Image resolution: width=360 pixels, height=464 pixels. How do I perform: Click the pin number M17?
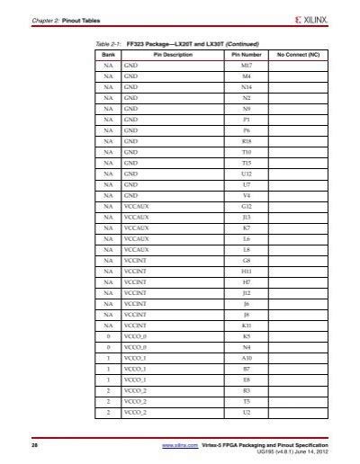pyautogui.click(x=247, y=65)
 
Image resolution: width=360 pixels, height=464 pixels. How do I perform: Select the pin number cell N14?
pyautogui.click(x=247, y=86)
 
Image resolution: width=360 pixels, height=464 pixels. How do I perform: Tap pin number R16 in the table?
pyautogui.click(x=247, y=141)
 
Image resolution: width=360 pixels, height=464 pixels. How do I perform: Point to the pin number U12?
pyautogui.click(x=247, y=174)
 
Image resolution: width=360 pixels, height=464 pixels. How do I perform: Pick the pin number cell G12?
pyautogui.click(x=247, y=206)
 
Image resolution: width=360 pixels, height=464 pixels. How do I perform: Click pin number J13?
pyautogui.click(x=247, y=217)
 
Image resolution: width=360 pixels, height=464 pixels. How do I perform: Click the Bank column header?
pyautogui.click(x=108, y=54)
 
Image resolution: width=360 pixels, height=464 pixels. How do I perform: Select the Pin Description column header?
pyautogui.click(x=167, y=54)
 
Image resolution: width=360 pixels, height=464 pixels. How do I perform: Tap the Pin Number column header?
pyautogui.click(x=247, y=54)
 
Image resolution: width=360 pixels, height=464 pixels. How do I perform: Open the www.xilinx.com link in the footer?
pyautogui.click(x=180, y=445)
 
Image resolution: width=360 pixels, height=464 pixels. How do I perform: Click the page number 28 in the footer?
pyautogui.click(x=35, y=445)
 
